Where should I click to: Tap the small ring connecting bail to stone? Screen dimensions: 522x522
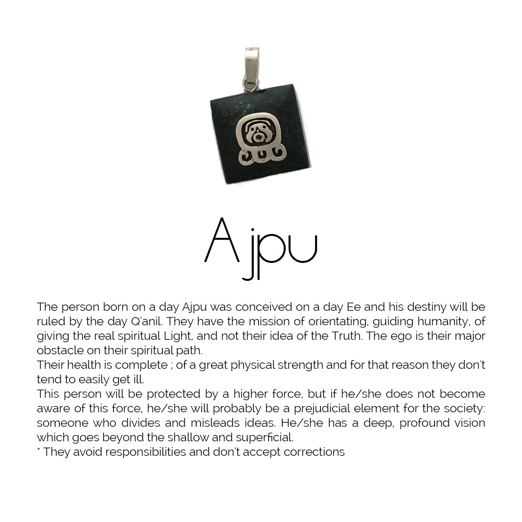[x=250, y=86]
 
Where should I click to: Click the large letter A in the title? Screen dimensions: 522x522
[x=222, y=241]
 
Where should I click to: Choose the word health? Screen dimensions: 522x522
[x=82, y=365]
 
